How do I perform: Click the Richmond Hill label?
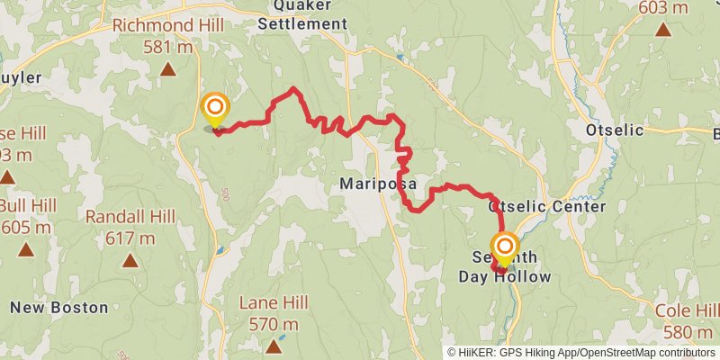pos(166,26)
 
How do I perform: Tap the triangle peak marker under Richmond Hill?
pos(167,68)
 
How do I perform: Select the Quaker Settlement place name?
pos(301,15)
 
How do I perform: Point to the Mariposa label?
pos(377,184)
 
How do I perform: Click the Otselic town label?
pos(615,130)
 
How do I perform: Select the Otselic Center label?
pos(547,206)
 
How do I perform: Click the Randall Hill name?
pos(130,216)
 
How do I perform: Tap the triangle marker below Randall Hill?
pos(130,260)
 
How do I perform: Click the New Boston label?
pos(58,307)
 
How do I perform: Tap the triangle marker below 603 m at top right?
pos(663,30)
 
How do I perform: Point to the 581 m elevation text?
pos(167,47)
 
